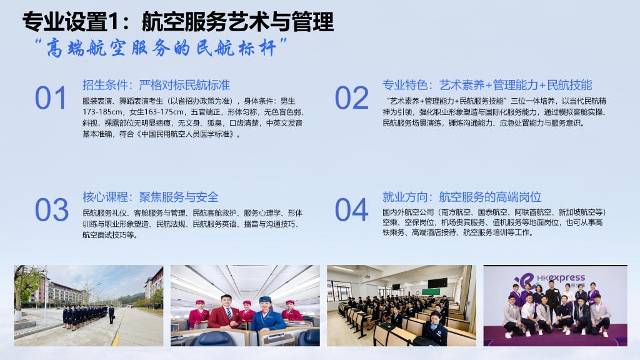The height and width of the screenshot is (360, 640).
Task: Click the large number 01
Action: click(50, 98)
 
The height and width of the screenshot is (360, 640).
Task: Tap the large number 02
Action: click(351, 98)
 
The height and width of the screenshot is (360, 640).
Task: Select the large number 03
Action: click(51, 210)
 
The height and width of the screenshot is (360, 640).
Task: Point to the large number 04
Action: click(351, 210)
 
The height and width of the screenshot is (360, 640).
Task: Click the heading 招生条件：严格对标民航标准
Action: click(156, 85)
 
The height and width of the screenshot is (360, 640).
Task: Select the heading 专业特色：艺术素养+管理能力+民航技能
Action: click(487, 85)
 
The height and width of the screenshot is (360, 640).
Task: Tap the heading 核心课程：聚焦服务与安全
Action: click(151, 197)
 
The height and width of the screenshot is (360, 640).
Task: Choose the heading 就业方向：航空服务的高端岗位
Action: click(462, 197)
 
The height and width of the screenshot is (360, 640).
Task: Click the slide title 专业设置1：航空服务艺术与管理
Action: click(178, 21)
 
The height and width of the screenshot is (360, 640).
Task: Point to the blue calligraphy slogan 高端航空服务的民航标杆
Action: click(161, 48)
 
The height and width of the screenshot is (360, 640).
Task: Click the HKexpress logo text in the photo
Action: click(561, 278)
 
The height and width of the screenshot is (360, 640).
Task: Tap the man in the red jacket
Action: click(225, 312)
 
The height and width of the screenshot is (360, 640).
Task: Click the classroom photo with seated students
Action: click(401, 306)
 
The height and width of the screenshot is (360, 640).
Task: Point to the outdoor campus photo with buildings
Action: click(89, 306)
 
